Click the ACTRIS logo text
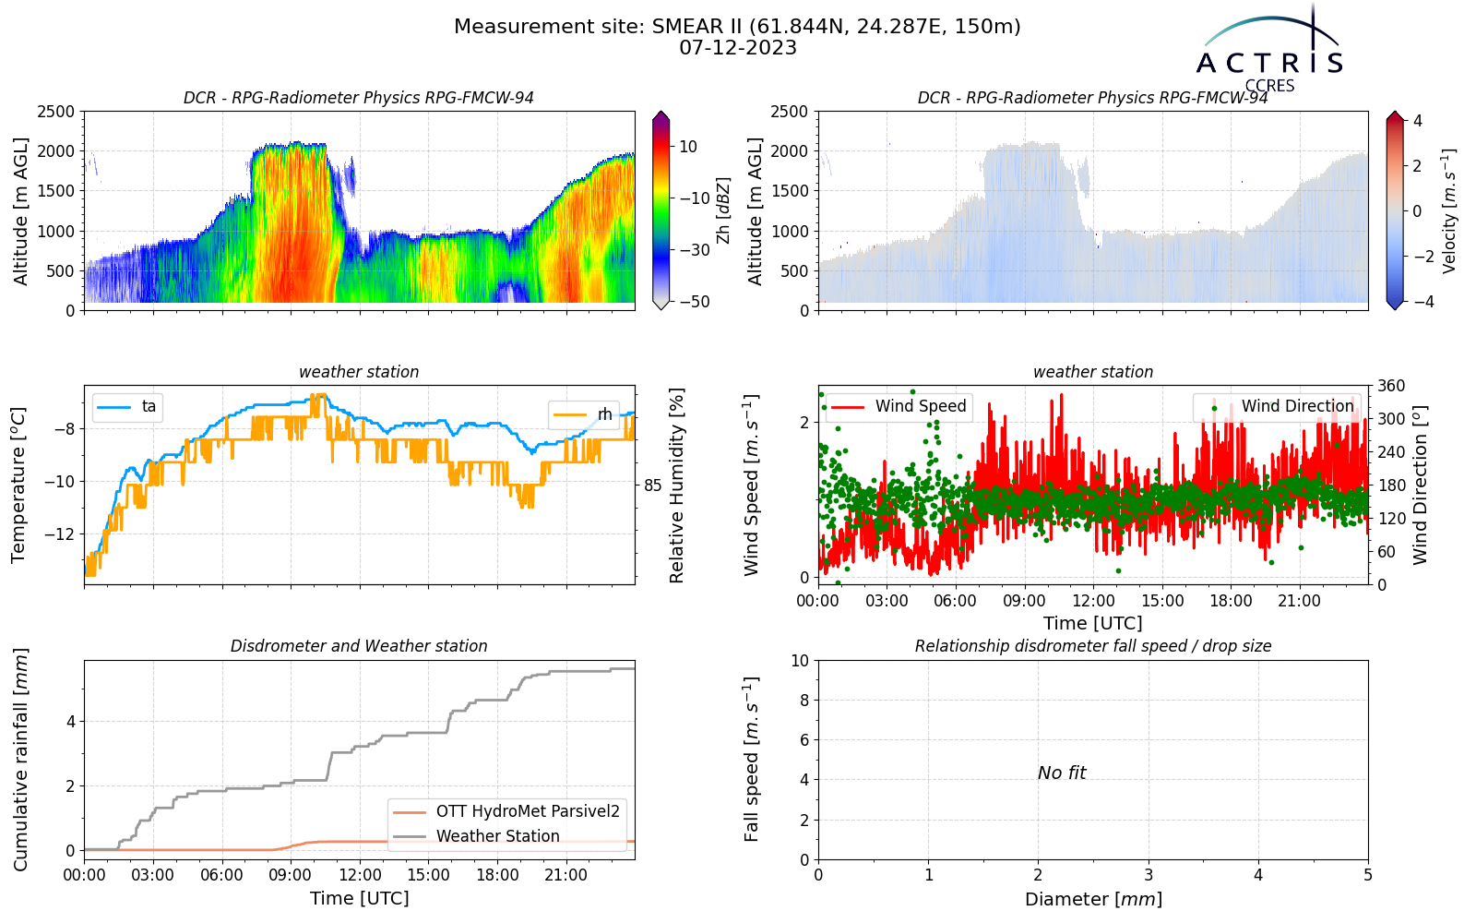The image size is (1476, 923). click(1269, 63)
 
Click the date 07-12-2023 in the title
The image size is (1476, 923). click(738, 48)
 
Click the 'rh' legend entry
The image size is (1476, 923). click(582, 414)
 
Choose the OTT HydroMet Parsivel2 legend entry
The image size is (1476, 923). click(506, 811)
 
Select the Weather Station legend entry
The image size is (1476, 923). click(476, 836)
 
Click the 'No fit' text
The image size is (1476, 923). click(1062, 773)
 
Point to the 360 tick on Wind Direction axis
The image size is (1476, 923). click(1392, 386)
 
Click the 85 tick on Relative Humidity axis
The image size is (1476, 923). click(652, 485)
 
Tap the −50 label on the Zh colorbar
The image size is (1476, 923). click(695, 302)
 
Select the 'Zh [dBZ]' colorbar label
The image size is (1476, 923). click(723, 210)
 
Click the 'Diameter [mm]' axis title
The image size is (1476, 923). click(1093, 899)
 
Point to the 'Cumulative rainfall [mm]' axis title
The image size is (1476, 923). click(21, 760)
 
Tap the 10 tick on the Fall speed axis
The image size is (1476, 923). click(799, 661)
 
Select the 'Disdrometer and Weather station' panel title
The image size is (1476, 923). click(359, 646)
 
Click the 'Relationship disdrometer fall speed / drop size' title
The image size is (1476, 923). click(1093, 646)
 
